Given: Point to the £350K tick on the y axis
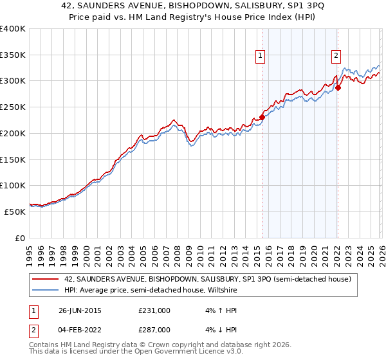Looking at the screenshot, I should pos(13,55).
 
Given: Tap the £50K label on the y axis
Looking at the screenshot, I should pos(15,212).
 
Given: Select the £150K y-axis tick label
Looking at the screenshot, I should pos(13,159).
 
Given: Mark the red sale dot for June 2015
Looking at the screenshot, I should pos(262,117).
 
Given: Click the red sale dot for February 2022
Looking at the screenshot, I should pos(338,88).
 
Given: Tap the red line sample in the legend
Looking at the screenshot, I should pos(46,280).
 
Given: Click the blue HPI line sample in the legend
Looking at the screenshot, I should pos(46,290).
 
